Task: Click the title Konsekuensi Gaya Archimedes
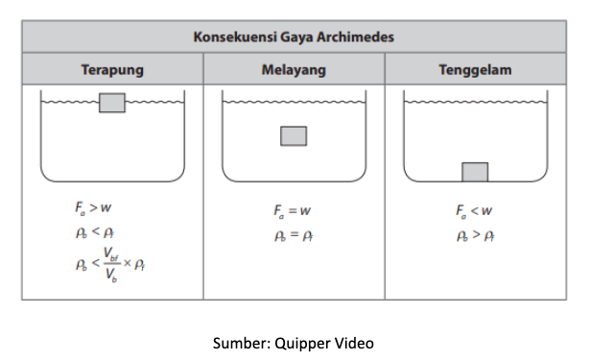coord(294,36)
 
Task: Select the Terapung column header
coord(112,70)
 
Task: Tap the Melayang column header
coord(294,70)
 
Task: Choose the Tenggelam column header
coord(475,70)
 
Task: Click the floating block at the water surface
coord(112,103)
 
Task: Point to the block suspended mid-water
coord(294,135)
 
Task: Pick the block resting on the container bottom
coord(475,172)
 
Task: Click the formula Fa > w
coord(93,207)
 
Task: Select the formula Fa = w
coord(292,211)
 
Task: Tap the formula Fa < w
coord(474,211)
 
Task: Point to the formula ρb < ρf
coord(95,232)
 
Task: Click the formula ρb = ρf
coord(294,235)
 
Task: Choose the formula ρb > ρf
coord(475,235)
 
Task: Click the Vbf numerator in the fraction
coord(111,253)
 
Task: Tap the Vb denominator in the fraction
coord(111,275)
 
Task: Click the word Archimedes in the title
coord(355,36)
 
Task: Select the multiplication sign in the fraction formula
coord(128,263)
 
